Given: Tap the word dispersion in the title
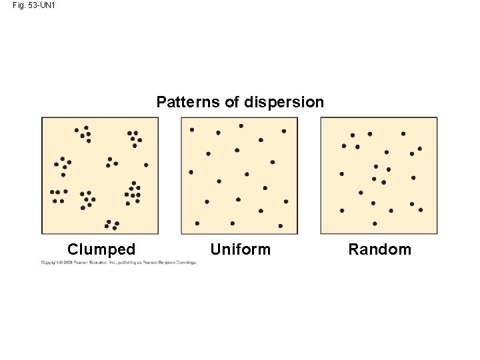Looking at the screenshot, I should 284,102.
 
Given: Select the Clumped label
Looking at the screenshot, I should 101,249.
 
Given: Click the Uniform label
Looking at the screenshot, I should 241,249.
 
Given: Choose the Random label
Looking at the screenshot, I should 380,249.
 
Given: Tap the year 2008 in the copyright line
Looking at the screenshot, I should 68,263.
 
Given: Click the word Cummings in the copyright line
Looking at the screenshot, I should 186,263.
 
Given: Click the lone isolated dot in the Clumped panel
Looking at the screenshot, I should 146,165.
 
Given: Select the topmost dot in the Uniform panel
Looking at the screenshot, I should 241,125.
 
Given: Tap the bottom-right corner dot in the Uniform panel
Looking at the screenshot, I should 281,226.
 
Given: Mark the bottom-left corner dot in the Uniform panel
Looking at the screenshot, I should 197,223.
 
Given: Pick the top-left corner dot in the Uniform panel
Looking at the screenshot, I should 192,129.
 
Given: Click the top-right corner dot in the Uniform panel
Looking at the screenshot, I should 283,131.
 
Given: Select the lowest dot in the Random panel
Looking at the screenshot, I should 375,223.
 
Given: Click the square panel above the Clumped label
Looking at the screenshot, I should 100,175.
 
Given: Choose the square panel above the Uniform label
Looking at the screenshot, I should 239,175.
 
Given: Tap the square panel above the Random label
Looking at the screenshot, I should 379,175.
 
